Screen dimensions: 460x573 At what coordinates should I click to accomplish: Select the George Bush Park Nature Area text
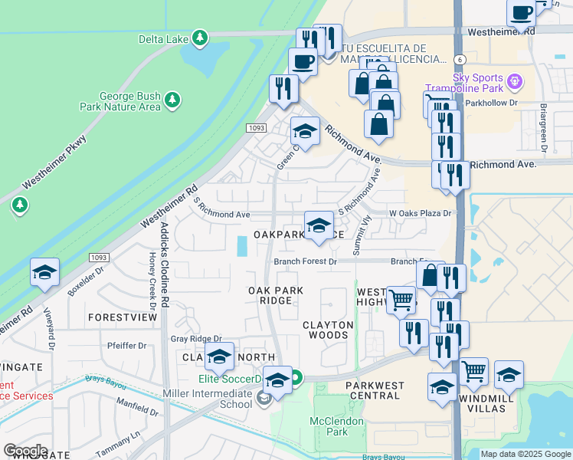[130, 102]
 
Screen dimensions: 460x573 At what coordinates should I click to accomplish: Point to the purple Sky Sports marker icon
[516, 79]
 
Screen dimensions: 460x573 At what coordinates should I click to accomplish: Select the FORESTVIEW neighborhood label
[117, 317]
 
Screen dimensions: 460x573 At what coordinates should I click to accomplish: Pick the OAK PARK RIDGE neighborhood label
[276, 296]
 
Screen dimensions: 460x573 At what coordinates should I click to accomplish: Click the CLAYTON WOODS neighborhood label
[329, 330]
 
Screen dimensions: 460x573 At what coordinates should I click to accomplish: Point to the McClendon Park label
[330, 426]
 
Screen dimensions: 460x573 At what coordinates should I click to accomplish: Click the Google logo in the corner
[25, 451]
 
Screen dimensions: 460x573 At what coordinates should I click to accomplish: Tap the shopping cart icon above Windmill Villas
[474, 372]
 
